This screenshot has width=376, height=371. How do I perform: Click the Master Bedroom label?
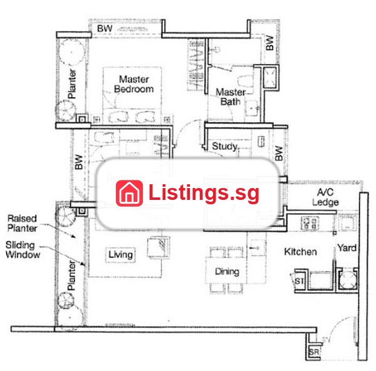coord(134,84)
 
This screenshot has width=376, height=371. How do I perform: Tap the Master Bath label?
coord(231,97)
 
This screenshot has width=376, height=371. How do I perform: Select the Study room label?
coord(224,146)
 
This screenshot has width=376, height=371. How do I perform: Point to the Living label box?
coord(120,254)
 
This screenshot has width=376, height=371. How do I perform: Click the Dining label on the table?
coord(227,271)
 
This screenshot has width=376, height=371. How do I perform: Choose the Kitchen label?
coord(300,251)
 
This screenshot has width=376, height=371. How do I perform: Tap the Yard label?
coord(347,248)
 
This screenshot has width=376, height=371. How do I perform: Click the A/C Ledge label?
coord(325,197)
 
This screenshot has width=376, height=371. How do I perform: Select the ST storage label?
coord(300,281)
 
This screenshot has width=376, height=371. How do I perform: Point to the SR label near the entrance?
coord(314,352)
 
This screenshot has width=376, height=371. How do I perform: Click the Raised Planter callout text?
coord(22,223)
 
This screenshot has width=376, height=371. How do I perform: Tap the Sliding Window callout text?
coord(23,249)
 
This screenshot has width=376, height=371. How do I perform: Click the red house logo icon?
coord(129,193)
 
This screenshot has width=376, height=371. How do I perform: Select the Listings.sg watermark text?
coord(204,193)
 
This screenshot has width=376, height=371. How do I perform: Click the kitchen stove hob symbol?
coord(310,223)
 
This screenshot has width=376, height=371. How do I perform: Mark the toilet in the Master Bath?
coord(245,81)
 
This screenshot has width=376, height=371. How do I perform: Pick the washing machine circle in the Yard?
coord(348,280)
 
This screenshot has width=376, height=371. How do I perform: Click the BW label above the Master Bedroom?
coord(105,29)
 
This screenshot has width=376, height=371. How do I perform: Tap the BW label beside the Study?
coord(278,154)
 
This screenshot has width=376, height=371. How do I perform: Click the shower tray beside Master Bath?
coord(270,77)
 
